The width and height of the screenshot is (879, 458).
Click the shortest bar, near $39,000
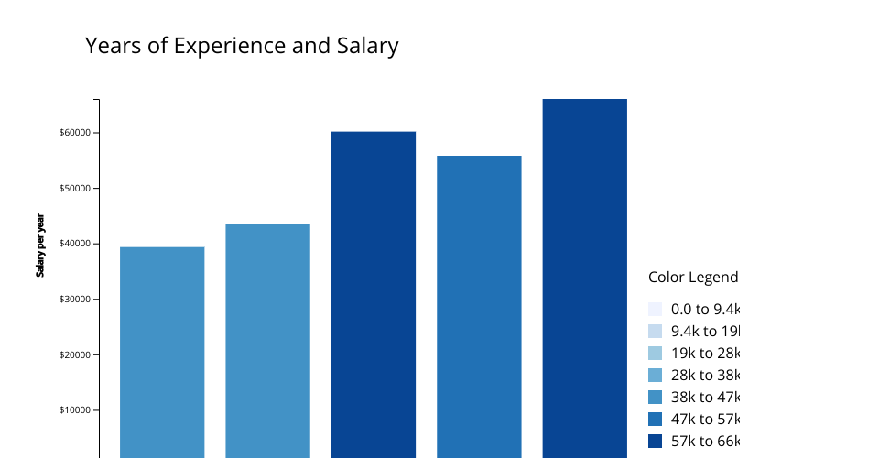pyautogui.click(x=162, y=353)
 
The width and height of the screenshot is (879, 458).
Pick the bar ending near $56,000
pyautogui.click(x=479, y=307)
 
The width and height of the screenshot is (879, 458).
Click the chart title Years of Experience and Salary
pyautogui.click(x=242, y=46)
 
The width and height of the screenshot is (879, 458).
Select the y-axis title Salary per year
pyautogui.click(x=40, y=245)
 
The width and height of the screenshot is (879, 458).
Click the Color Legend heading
pyautogui.click(x=692, y=278)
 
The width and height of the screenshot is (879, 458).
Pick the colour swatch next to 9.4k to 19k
pyautogui.click(x=655, y=332)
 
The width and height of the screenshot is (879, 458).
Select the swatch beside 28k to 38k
pyautogui.click(x=655, y=376)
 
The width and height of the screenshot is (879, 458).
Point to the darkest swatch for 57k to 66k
pyautogui.click(x=655, y=442)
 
